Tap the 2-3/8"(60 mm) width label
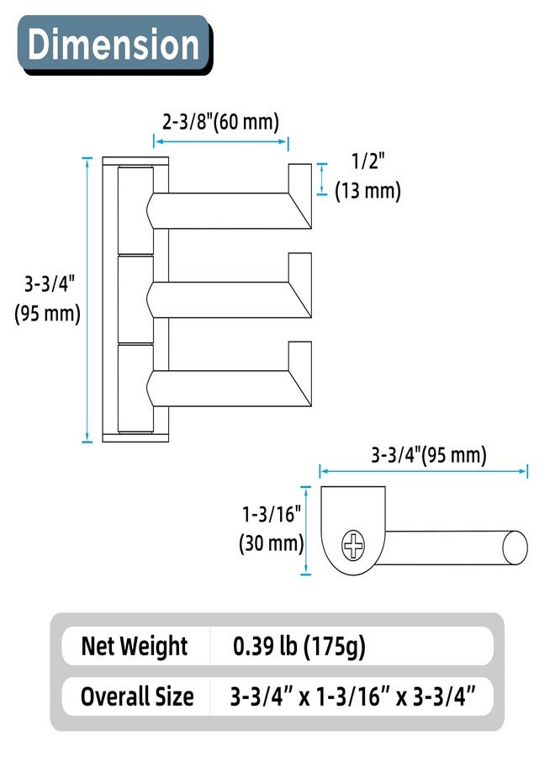220,121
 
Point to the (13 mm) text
367,191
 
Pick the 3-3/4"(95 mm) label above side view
429,455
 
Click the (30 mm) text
272,543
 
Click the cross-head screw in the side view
353,545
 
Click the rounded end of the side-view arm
514,546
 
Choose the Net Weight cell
135,647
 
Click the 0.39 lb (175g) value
299,647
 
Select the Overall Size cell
137,696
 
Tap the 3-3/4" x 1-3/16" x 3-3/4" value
353,696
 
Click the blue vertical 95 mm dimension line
87,299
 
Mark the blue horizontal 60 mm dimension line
221,142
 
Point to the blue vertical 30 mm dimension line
305,531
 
